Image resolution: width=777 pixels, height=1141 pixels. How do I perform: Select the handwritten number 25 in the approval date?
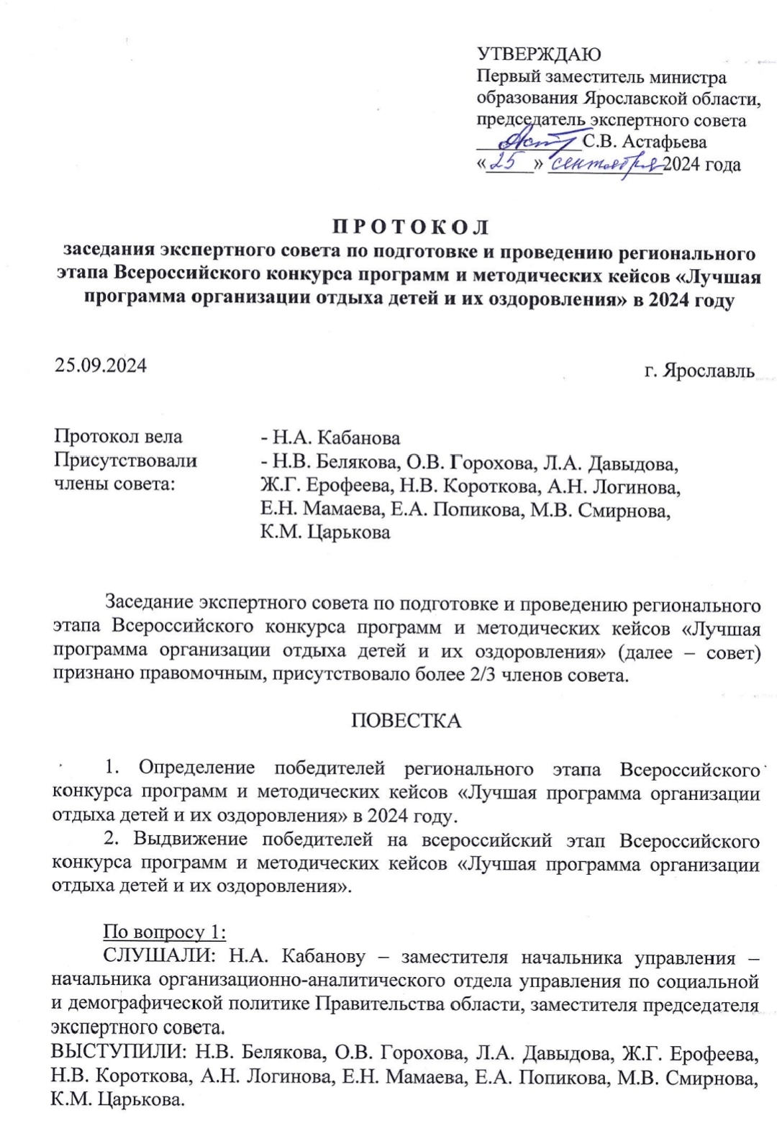click(x=509, y=164)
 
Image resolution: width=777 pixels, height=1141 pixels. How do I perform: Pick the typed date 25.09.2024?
click(x=101, y=365)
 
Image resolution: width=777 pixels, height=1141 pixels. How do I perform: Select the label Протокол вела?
click(x=119, y=437)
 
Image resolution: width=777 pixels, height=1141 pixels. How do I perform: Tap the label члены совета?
click(x=115, y=483)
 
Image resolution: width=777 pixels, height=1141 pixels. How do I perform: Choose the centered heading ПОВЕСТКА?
click(x=406, y=721)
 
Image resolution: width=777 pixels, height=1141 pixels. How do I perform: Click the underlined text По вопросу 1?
click(x=165, y=932)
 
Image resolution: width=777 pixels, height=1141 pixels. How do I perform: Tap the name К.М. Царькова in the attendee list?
click(x=325, y=532)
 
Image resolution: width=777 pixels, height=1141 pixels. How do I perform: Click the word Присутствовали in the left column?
click(x=126, y=460)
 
